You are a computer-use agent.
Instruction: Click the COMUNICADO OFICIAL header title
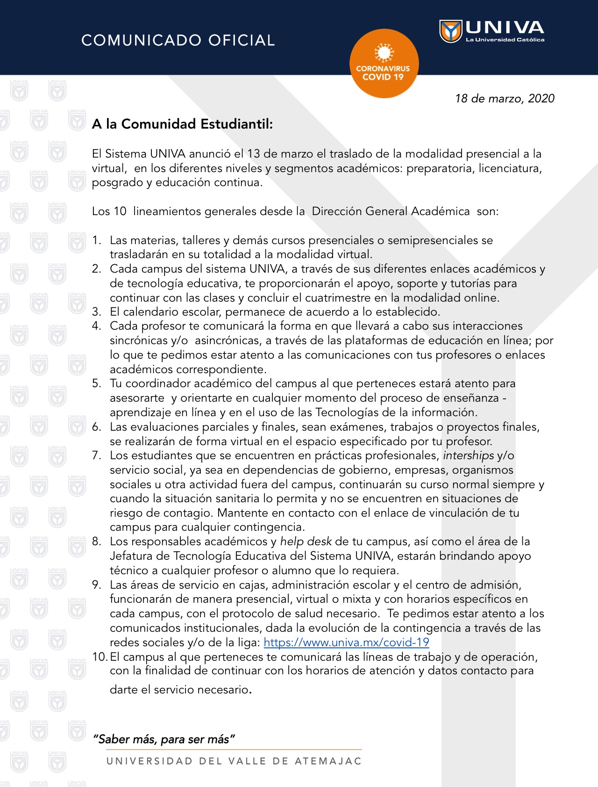pos(178,40)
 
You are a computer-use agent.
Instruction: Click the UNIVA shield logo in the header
pos(450,31)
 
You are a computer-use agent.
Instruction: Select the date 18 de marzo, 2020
pos(505,98)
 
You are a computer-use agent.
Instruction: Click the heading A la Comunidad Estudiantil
pos(182,124)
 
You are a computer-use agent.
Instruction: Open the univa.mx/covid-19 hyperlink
pos(346,642)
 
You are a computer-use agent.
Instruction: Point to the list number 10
pos(100,657)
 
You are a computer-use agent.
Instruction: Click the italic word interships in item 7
pos(468,455)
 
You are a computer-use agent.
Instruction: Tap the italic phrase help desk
pos(306,542)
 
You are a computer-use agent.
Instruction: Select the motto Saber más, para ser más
pos(164,739)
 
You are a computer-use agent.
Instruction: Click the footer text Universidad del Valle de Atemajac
pos(234,761)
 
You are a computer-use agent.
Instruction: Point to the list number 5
pos(96,383)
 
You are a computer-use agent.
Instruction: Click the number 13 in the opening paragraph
pos(253,154)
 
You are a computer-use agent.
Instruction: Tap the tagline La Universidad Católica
pos(505,40)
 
